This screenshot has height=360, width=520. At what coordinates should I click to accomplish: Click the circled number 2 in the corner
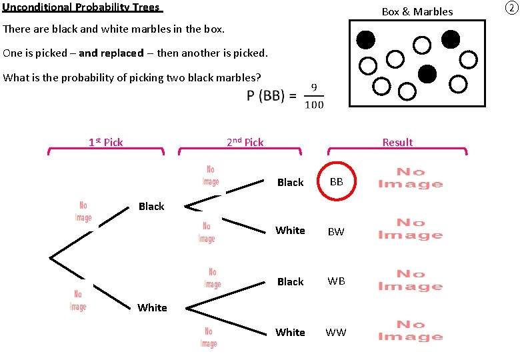510,8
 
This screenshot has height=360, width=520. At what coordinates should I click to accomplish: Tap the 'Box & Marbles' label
417,11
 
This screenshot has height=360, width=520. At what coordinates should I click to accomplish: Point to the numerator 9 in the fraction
313,87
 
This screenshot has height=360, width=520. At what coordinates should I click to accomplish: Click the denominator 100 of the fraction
313,104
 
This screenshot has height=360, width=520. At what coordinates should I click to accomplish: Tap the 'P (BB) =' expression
271,96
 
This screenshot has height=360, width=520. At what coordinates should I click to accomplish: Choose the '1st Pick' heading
106,142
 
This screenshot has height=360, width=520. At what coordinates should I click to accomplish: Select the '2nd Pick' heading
245,142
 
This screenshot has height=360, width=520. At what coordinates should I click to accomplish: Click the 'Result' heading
397,142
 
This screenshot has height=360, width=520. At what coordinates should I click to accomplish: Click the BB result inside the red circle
337,181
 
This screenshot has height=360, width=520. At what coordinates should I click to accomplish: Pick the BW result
336,232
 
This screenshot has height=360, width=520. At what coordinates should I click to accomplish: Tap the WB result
336,281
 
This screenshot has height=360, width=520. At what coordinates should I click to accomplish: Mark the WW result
336,332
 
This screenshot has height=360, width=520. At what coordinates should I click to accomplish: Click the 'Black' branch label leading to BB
290,182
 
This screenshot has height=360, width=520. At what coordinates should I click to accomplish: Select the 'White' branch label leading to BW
290,231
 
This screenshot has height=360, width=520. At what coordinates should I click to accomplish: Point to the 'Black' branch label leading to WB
290,281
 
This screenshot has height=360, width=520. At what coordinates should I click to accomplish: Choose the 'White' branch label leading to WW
290,332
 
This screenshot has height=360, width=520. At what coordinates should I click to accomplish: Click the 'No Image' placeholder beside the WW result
410,331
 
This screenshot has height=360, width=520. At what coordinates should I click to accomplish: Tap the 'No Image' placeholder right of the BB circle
410,178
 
